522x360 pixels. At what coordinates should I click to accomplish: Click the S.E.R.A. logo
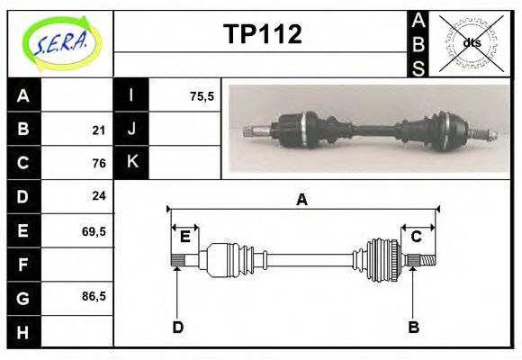click(x=59, y=40)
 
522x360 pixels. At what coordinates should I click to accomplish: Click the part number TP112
click(x=262, y=34)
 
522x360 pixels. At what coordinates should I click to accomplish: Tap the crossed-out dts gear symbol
click(x=472, y=42)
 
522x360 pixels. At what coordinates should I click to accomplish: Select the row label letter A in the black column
click(x=23, y=95)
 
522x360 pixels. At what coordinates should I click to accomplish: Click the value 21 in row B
click(x=99, y=130)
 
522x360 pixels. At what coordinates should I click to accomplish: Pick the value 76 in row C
click(x=99, y=163)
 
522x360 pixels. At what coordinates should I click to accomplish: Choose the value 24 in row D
click(x=99, y=195)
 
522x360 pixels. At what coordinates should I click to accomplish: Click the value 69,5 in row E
click(x=94, y=230)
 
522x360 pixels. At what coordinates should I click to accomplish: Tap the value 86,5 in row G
click(x=94, y=296)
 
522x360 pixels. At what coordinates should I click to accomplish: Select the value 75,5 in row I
click(x=202, y=95)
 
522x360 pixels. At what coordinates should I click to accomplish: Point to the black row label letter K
click(x=131, y=162)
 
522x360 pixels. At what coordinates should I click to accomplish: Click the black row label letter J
click(x=131, y=129)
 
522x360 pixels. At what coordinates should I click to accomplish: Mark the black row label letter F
click(x=23, y=265)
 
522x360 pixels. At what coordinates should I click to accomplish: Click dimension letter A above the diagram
click(x=302, y=200)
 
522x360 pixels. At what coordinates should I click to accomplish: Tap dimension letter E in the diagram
click(x=185, y=237)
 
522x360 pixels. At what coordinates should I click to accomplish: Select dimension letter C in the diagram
click(x=417, y=237)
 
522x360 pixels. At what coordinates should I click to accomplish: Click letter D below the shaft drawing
click(x=177, y=327)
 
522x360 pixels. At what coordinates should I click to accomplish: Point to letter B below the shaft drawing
click(x=413, y=327)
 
